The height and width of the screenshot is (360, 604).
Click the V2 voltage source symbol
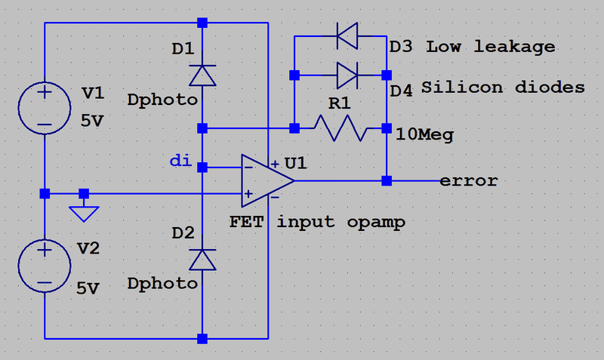[x=45, y=265]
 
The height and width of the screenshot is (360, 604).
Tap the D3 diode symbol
[x=347, y=33]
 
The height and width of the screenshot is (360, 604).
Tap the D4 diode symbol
[x=347, y=75]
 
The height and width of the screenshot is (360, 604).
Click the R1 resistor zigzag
[x=342, y=128]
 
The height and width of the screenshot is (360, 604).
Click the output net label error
[x=468, y=181]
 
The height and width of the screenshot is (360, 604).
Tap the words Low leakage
[x=491, y=47]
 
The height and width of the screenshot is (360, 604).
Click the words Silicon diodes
[x=503, y=88]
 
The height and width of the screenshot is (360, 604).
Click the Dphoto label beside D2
[x=162, y=284]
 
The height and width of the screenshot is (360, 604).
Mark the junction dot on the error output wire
[x=387, y=180]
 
